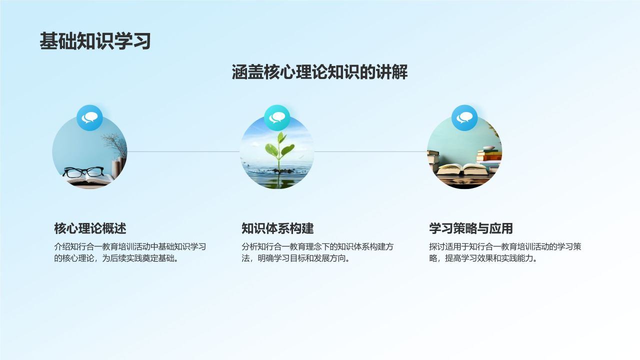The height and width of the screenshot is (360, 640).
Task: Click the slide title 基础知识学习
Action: tap(95, 41)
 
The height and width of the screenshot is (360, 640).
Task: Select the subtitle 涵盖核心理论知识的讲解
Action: tap(319, 72)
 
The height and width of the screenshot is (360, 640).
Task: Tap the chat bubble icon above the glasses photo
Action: tap(89, 117)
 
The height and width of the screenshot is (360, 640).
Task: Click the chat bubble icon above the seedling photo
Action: tap(277, 117)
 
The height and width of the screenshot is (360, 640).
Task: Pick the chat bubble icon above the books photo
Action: tap(464, 117)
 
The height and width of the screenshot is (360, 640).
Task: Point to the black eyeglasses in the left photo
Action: tap(83, 171)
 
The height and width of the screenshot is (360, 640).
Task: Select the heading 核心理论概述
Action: tap(90, 228)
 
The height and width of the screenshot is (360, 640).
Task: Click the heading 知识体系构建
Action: tap(277, 228)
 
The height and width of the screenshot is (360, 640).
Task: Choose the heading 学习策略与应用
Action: tap(471, 228)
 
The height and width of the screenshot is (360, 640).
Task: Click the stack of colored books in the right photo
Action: tap(489, 156)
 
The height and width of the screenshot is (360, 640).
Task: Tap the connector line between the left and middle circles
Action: tap(183, 151)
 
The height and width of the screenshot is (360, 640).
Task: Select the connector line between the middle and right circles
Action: tap(370, 151)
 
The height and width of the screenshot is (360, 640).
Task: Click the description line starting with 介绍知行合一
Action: tap(130, 246)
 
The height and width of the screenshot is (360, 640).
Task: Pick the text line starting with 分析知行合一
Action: tap(317, 246)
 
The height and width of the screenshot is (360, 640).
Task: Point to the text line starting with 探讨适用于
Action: tap(505, 246)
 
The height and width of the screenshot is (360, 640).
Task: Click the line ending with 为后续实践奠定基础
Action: tap(116, 258)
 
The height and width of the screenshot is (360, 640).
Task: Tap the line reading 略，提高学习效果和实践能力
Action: tap(483, 258)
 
